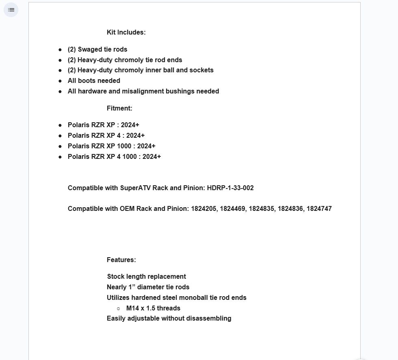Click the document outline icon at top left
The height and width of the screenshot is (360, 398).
tap(11, 10)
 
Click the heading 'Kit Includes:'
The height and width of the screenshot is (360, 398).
tap(126, 33)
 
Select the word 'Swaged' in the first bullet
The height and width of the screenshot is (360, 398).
tap(90, 50)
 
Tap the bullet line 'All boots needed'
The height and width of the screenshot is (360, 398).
tap(94, 81)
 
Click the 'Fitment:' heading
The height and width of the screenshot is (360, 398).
tap(119, 108)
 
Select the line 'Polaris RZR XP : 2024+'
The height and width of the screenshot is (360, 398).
tap(103, 125)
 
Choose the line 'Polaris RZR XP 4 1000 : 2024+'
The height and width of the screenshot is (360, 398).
tap(114, 157)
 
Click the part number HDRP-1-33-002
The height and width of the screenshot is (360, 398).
tap(230, 188)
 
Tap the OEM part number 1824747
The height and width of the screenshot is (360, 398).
tap(319, 209)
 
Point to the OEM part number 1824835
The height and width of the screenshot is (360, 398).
tap(261, 209)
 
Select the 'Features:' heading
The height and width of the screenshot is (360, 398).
tap(121, 260)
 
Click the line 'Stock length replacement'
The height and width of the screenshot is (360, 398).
tap(146, 277)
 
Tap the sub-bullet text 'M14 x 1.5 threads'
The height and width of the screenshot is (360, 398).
tap(153, 308)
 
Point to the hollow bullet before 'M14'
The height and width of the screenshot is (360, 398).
tap(118, 308)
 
